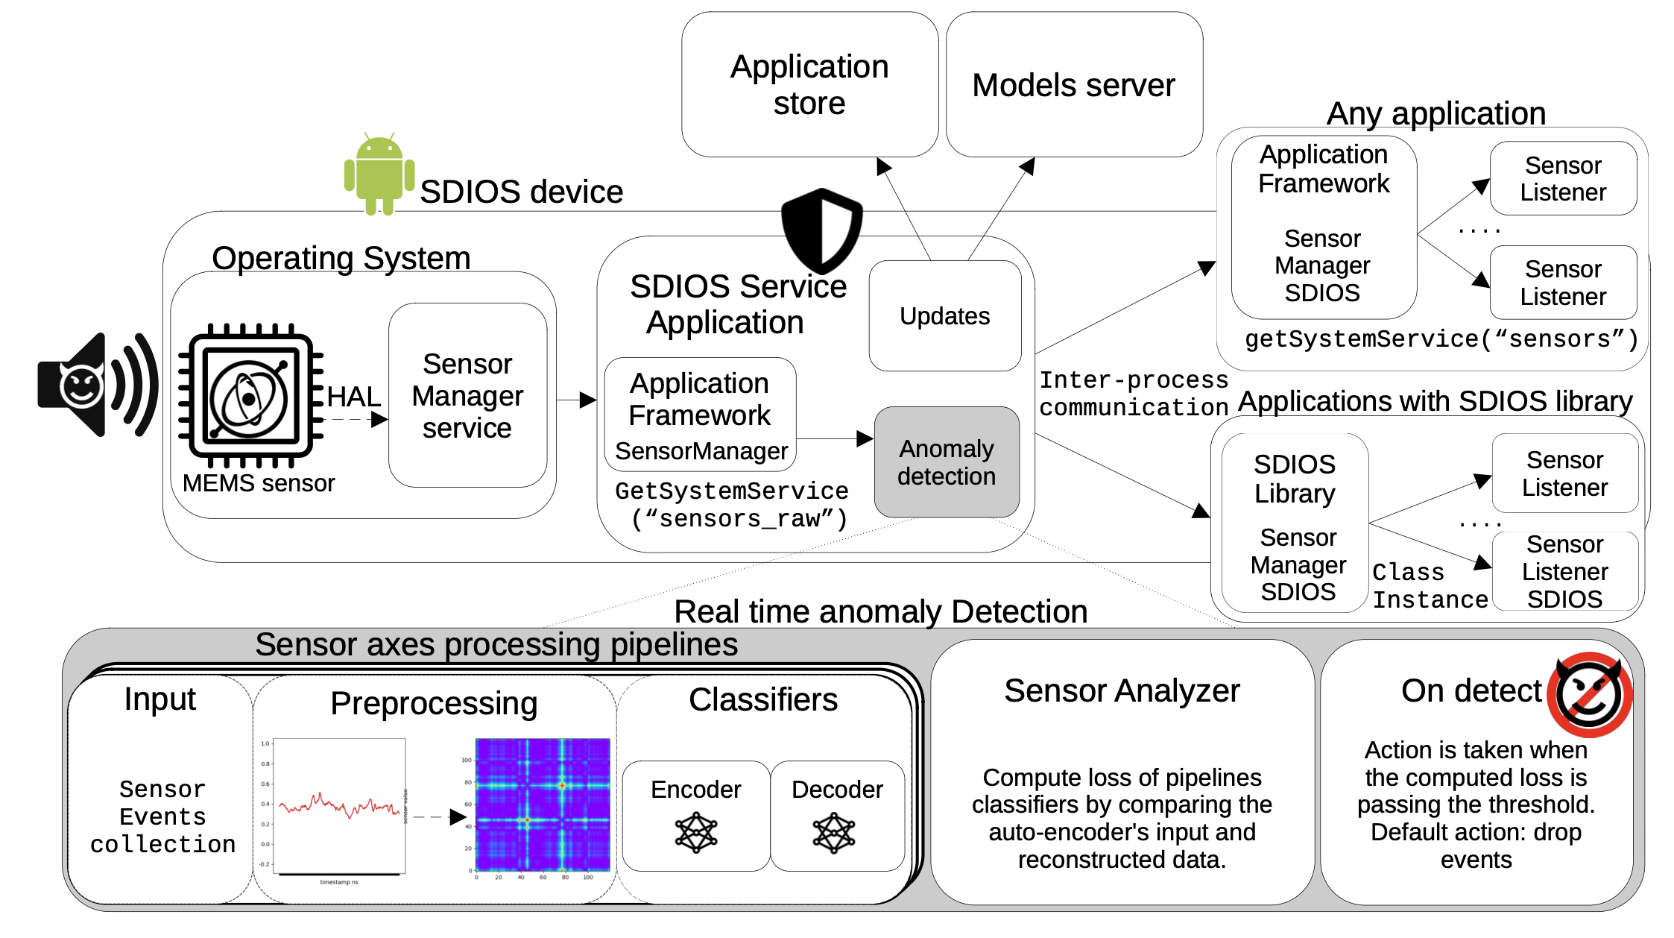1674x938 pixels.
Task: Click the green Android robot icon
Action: click(x=379, y=174)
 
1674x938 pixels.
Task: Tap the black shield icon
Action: click(x=821, y=230)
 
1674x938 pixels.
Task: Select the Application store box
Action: click(x=809, y=84)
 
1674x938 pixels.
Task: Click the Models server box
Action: click(x=1073, y=84)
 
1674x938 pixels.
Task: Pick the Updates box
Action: click(x=944, y=315)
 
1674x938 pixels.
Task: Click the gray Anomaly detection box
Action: click(x=946, y=462)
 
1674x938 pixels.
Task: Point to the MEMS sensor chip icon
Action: click(x=250, y=395)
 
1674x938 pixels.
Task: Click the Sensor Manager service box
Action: click(x=467, y=395)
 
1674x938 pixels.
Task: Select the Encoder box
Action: click(x=695, y=815)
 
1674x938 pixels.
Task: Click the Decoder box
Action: click(x=837, y=815)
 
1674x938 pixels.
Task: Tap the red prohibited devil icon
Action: click(x=1589, y=694)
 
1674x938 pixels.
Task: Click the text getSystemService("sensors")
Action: click(x=1441, y=339)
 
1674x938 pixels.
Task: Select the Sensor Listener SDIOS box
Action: click(x=1564, y=571)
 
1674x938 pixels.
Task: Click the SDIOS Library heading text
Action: click(x=1295, y=479)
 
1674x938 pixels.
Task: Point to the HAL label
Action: click(x=353, y=396)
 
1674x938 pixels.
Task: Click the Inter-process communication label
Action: click(x=1134, y=394)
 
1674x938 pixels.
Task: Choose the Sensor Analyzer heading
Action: click(x=1122, y=690)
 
